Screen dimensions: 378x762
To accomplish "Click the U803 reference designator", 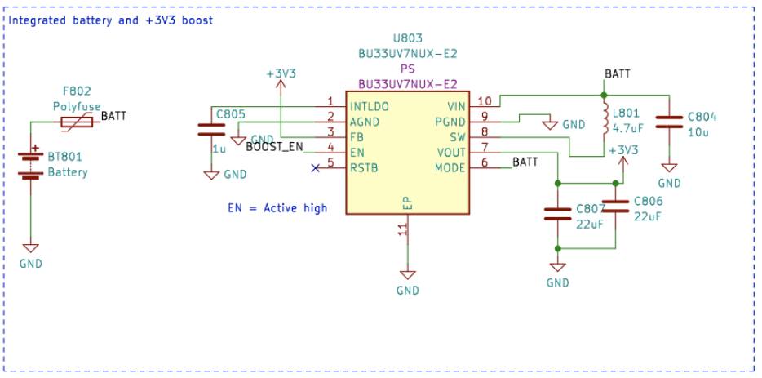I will click(x=407, y=38).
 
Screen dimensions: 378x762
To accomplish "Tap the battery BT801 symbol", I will click(x=31, y=163).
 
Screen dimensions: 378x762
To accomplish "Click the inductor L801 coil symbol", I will click(x=605, y=121).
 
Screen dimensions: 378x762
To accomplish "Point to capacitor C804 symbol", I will click(x=669, y=121).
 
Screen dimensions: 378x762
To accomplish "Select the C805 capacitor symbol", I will click(x=210, y=129).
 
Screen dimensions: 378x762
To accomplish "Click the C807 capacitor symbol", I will click(x=557, y=214).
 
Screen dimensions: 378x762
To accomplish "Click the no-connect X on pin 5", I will click(x=316, y=168).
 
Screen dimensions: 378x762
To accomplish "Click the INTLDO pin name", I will click(x=369, y=107).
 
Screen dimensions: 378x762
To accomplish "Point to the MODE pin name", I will click(x=450, y=168).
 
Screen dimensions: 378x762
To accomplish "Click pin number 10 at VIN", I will click(x=485, y=101).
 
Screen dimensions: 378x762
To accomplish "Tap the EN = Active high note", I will click(x=277, y=208).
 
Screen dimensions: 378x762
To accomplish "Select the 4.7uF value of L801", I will click(x=629, y=128).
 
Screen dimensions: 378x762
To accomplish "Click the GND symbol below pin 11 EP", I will click(x=407, y=276).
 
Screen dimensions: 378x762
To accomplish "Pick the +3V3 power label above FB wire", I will click(x=281, y=73).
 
